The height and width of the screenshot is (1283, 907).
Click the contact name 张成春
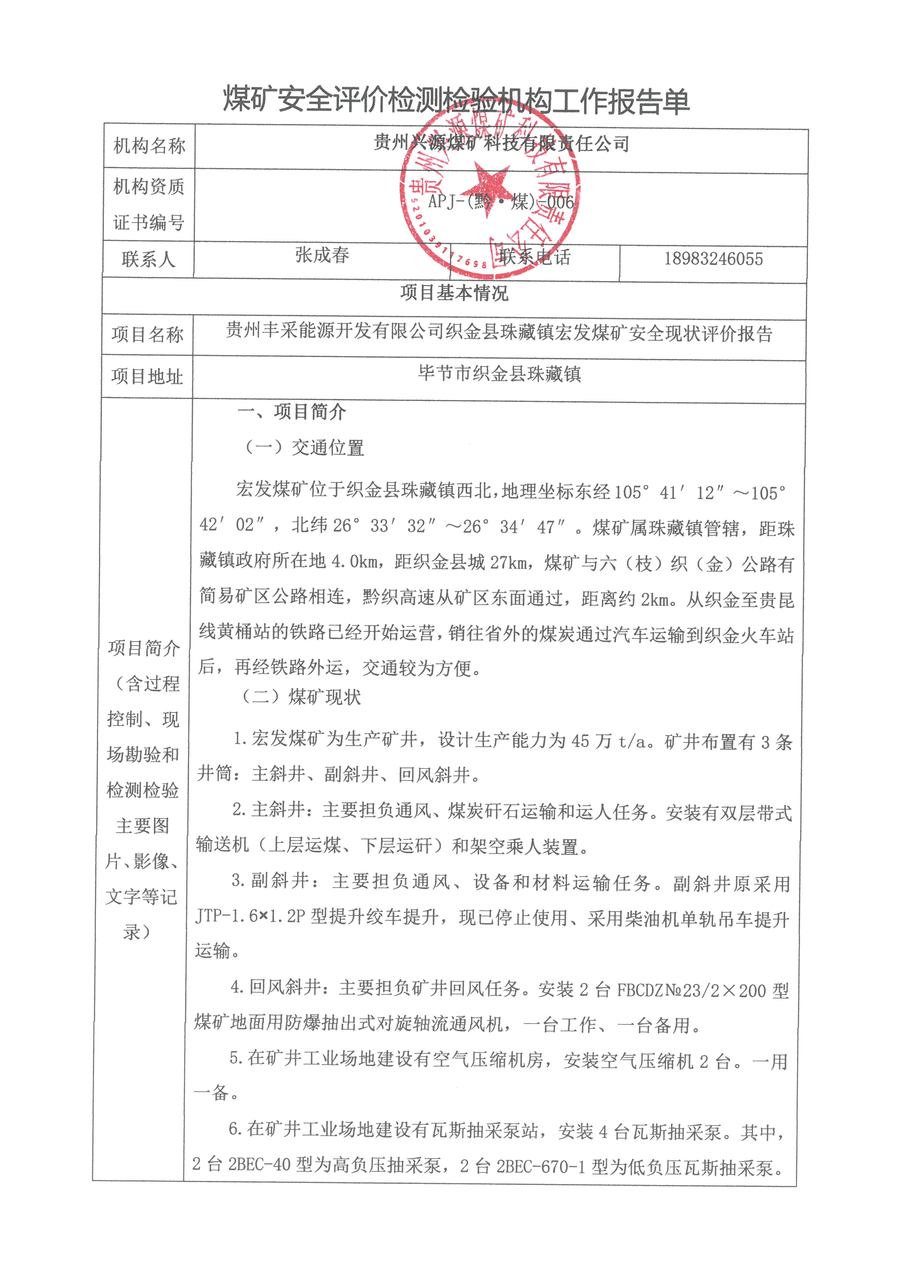322,255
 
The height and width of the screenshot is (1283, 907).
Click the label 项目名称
147,335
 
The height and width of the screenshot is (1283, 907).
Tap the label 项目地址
147,377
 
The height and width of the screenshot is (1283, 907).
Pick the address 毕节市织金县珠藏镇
499,374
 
